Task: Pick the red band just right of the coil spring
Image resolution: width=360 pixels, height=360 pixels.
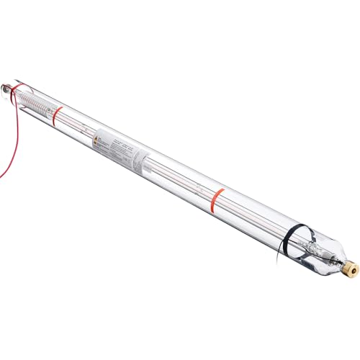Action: pos(59,113)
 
